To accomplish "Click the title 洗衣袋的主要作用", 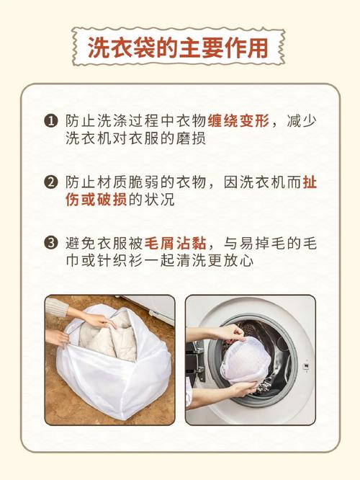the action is coord(178,48).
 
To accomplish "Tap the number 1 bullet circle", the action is coord(51,121).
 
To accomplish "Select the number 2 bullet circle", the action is coord(51,182).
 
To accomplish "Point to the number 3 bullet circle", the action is coord(51,244).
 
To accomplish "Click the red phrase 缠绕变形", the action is coord(238,121).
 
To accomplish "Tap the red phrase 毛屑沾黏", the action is coord(175,244).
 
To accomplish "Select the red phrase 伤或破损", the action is coord(96,200).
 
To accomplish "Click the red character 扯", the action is coord(310,182).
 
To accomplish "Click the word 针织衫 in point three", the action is coord(120,261).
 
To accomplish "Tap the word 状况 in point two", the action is coord(159,200).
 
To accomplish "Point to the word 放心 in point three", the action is coord(238,261).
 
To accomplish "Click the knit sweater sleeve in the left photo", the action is coord(57,307).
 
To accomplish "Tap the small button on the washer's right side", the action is coord(305,366).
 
